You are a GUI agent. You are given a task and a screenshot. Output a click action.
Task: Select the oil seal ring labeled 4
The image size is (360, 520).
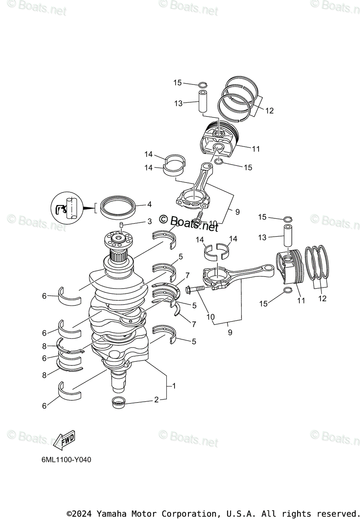click(x=117, y=207)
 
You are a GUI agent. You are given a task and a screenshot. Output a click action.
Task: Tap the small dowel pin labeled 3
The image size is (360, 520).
click(x=122, y=224)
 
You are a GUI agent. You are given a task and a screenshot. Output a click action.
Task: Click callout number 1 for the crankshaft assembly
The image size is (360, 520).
click(x=174, y=385)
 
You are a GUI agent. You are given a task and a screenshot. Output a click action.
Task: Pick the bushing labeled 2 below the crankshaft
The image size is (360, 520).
click(x=119, y=402)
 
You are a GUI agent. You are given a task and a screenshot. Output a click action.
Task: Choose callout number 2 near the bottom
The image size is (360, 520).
click(x=156, y=400)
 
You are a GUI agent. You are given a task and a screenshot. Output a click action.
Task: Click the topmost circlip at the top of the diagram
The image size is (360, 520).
click(x=203, y=84)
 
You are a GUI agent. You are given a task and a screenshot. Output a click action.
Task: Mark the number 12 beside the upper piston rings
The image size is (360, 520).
click(x=269, y=111)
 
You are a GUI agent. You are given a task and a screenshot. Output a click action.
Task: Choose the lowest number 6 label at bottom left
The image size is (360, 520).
click(x=44, y=406)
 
